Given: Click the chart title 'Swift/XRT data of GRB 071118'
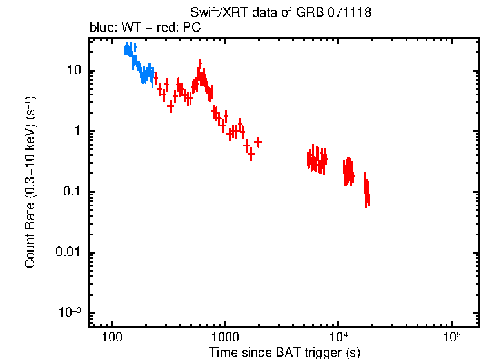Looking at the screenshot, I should pos(280,13).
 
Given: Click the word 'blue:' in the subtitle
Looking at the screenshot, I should pos(101,28).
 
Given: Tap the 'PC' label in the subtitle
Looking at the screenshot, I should pos(191,28).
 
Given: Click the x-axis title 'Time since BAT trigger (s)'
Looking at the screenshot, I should pos(284,352).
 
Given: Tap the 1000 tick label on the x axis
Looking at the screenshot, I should pos(225,337).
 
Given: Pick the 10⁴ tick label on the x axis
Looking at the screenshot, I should pos(339,337).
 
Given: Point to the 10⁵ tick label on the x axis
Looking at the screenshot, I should pos(451,337).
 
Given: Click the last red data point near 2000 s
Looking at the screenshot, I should pos(258,141).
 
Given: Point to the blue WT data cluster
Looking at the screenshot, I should pos(137,65).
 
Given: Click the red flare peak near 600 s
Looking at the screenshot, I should pos(201,65).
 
